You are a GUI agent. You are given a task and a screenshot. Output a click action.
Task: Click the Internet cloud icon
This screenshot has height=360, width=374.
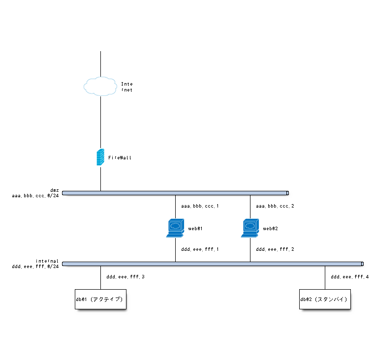coord(100,86)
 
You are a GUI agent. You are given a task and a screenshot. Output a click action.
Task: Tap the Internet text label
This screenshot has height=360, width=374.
coord(126,87)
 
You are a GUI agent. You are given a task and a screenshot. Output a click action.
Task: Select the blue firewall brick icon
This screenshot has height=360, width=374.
coord(100,157)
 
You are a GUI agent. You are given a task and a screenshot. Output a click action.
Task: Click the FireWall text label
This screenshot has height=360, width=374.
coord(120,158)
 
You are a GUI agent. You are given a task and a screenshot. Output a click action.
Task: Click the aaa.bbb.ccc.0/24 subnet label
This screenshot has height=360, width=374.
coord(35,195)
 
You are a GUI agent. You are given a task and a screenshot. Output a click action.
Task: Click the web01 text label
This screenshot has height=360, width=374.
coord(195,229)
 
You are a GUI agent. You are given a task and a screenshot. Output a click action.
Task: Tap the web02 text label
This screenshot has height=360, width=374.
coord(271,229)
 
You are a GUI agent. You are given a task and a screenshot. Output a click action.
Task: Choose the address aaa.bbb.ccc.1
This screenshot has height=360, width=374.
coord(200,206)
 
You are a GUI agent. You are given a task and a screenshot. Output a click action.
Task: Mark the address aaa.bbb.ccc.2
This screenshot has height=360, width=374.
coord(275,206)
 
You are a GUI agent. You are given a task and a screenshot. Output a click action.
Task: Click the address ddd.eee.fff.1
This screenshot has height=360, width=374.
coord(200,249)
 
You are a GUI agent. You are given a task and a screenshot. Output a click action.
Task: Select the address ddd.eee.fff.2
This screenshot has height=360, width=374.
coord(275,249)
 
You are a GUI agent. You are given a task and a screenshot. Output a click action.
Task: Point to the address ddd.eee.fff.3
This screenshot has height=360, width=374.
coord(125,277)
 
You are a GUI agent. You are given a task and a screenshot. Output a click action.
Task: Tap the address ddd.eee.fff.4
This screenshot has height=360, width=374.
coord(349,277)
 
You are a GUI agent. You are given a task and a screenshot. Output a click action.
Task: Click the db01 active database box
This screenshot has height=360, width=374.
coord(100,299)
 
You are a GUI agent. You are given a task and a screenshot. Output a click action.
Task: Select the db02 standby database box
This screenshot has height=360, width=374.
coord(325,299)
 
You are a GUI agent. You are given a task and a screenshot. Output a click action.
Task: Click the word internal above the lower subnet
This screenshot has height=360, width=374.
coord(47,261)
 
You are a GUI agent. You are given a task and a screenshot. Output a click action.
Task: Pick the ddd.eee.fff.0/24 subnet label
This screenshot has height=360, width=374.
coord(35,267)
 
